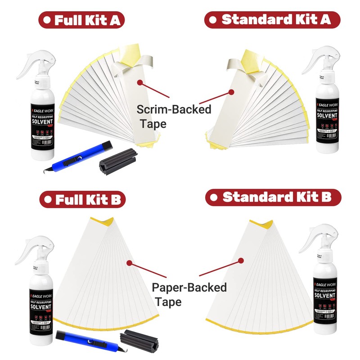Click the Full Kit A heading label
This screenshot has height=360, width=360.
pyautogui.click(x=81, y=19)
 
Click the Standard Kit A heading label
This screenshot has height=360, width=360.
pyautogui.click(x=273, y=19)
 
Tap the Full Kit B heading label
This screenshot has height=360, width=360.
pyautogui.click(x=81, y=199)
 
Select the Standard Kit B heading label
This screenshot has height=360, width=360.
pyautogui.click(x=273, y=197)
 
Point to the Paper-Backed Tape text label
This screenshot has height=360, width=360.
pyautogui.click(x=189, y=294)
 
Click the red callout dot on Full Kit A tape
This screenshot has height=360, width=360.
pyautogui.click(x=140, y=82)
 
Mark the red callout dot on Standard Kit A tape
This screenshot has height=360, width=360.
pyautogui.click(x=231, y=92)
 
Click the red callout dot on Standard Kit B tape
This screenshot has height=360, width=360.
pyautogui.click(x=241, y=261)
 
